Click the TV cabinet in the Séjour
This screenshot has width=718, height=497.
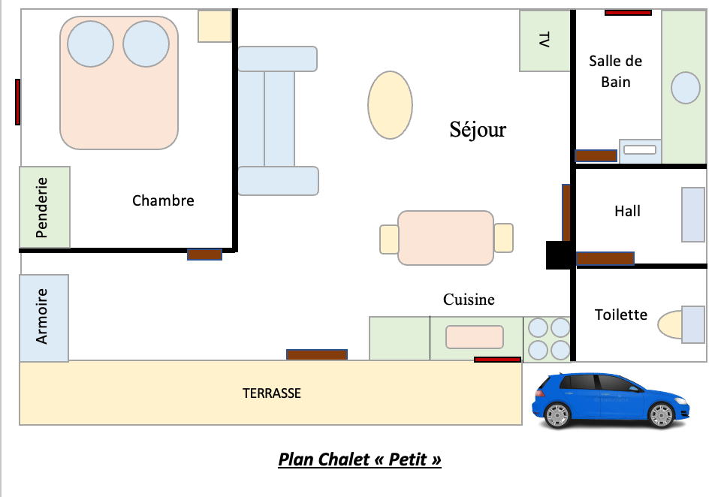click(545, 41)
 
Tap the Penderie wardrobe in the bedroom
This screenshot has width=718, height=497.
click(44, 207)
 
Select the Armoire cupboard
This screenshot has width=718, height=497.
click(44, 318)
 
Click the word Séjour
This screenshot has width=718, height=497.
click(478, 130)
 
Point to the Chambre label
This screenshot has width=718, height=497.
click(163, 200)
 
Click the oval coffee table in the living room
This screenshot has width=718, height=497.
click(390, 105)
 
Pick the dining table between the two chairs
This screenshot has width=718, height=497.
click(445, 238)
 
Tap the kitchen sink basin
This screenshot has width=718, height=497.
click(475, 337)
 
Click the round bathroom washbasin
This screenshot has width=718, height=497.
click(686, 87)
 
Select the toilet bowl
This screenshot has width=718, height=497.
click(670, 325)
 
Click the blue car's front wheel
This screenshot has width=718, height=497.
click(661, 415)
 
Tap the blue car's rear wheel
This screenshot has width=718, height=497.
click(557, 415)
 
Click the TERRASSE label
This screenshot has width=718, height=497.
click(272, 393)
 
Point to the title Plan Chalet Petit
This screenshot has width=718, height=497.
click(360, 459)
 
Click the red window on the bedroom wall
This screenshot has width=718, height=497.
click(17, 101)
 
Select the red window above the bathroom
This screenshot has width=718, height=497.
click(628, 13)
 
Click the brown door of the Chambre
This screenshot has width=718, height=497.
click(205, 255)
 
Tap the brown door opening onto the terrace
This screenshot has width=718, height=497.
click(317, 354)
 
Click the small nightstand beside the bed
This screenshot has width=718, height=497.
click(215, 26)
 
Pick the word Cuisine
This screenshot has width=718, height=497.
click(469, 300)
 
